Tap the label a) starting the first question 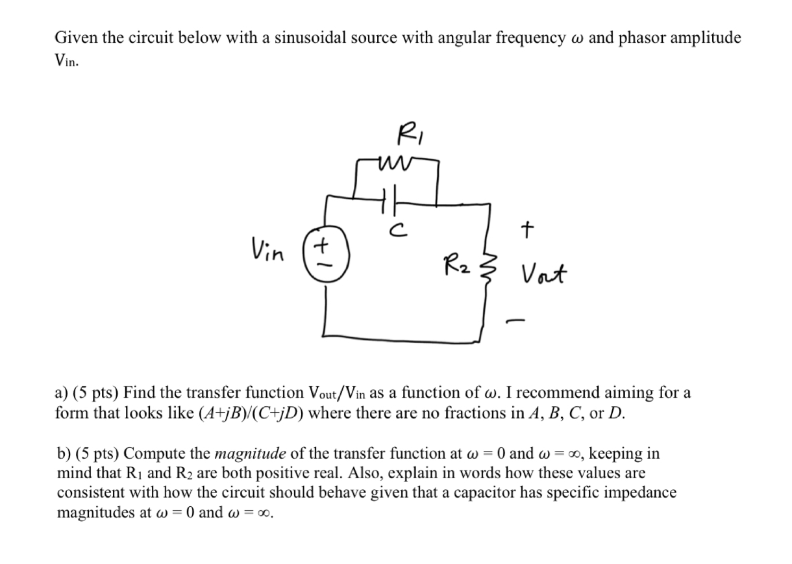click(62, 393)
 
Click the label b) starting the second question click(64, 454)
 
